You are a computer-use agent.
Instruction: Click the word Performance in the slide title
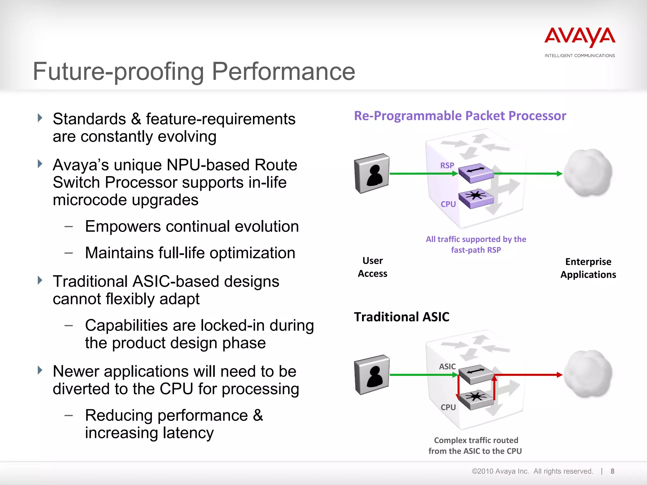283,72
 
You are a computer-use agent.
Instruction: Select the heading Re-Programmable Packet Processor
460,116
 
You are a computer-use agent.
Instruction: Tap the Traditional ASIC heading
402,317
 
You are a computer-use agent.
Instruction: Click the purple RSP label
447,165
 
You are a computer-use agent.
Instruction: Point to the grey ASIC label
447,367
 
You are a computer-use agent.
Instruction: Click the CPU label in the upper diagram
448,204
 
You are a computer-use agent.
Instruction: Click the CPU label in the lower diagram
448,407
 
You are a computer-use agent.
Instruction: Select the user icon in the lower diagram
372,375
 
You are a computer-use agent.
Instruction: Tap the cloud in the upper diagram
588,173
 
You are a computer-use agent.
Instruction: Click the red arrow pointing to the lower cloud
531,375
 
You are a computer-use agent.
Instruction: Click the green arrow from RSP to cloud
528,174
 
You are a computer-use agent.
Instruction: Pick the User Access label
372,267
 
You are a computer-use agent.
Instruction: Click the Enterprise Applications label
588,268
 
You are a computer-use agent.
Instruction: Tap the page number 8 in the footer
612,471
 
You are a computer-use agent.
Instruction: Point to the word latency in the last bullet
184,433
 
